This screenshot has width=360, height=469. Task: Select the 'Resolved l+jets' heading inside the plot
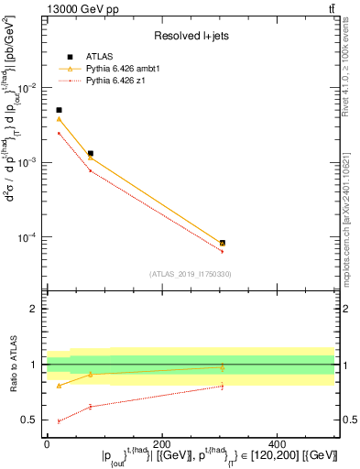191,37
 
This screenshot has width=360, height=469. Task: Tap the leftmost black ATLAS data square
60,110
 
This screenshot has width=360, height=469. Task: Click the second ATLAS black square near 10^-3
90,154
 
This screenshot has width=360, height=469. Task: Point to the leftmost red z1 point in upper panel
60,133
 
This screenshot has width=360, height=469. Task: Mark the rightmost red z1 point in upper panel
223,251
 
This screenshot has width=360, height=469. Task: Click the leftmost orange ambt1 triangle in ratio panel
60,386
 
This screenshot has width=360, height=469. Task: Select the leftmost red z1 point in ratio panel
60,421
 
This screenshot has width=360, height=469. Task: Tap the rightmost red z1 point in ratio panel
223,387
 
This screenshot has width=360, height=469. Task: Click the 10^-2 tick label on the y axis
29,88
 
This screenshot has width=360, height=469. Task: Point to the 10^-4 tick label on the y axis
29,237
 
